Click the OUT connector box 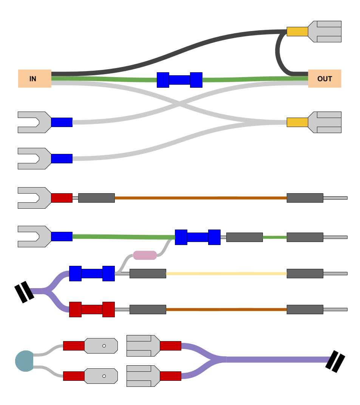point(324,79)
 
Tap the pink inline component point(145,255)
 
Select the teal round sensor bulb point(25,361)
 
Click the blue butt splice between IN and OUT point(179,80)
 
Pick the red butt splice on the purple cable point(92,309)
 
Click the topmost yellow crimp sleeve point(297,31)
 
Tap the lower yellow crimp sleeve point(297,122)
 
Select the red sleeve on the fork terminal point(62,198)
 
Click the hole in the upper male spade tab point(104,346)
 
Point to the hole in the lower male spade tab point(104,376)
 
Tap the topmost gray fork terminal point(34,122)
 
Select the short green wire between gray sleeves point(275,237)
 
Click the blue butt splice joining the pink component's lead point(198,237)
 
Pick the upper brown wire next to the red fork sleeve point(200,198)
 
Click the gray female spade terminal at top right point(325,31)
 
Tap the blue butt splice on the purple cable point(92,273)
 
